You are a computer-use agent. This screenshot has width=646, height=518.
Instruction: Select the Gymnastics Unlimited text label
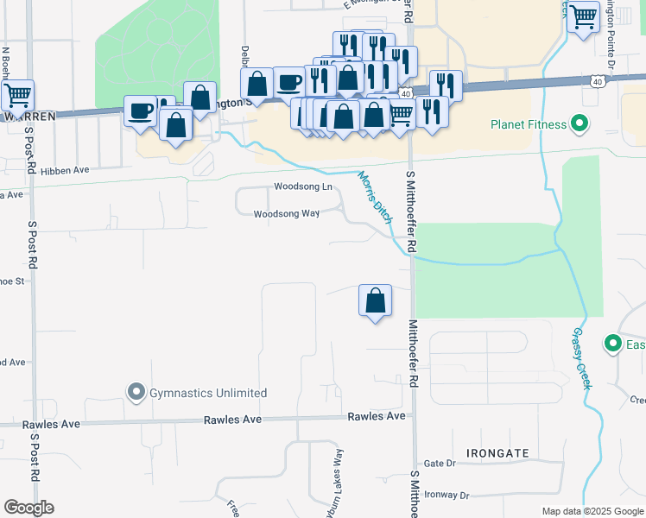tap(207, 393)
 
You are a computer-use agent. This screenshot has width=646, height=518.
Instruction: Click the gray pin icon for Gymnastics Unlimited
tap(136, 393)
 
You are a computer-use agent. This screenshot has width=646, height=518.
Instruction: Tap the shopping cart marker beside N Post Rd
tap(17, 94)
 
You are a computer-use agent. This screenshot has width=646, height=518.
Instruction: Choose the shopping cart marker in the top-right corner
tap(584, 16)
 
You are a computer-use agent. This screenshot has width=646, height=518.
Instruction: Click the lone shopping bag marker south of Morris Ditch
tap(376, 301)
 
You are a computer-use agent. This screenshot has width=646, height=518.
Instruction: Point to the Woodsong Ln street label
tap(303, 186)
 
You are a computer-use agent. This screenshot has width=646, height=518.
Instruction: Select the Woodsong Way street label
tap(287, 214)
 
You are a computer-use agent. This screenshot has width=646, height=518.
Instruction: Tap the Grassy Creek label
tap(581, 357)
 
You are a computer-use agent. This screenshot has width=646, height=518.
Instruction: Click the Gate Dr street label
tap(439, 464)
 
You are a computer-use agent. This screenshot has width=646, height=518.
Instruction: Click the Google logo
tap(28, 507)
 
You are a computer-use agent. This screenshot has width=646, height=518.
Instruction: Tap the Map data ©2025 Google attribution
tap(592, 511)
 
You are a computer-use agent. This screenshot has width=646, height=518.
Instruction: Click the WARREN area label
tap(28, 115)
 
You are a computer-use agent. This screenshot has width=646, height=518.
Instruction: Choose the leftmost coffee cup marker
tap(141, 111)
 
